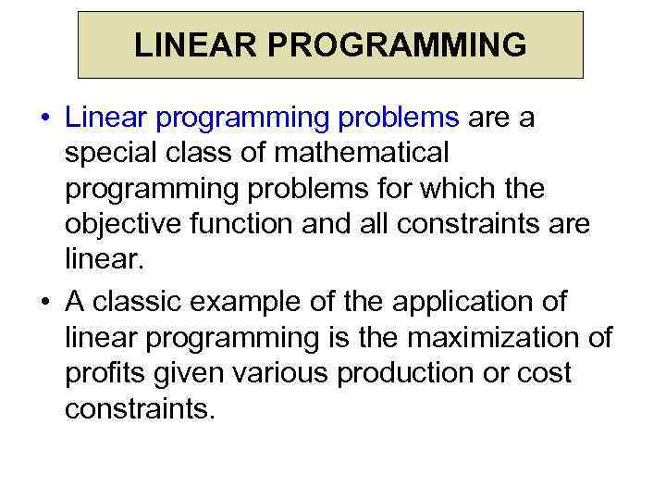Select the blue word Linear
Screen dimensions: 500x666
click(109, 119)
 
